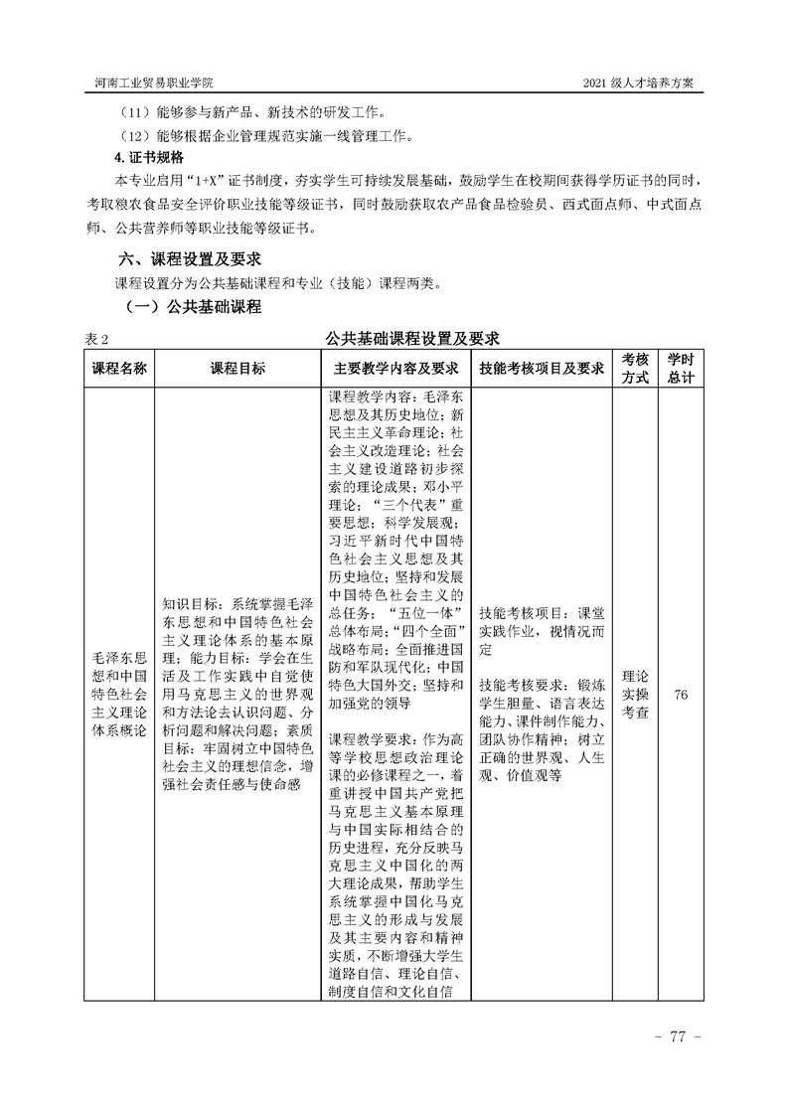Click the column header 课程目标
click(237, 368)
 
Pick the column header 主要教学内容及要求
click(395, 368)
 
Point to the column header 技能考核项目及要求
click(542, 368)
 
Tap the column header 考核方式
click(636, 368)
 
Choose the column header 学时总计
click(681, 368)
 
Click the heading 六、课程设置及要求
click(189, 258)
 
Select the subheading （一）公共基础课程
click(189, 308)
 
